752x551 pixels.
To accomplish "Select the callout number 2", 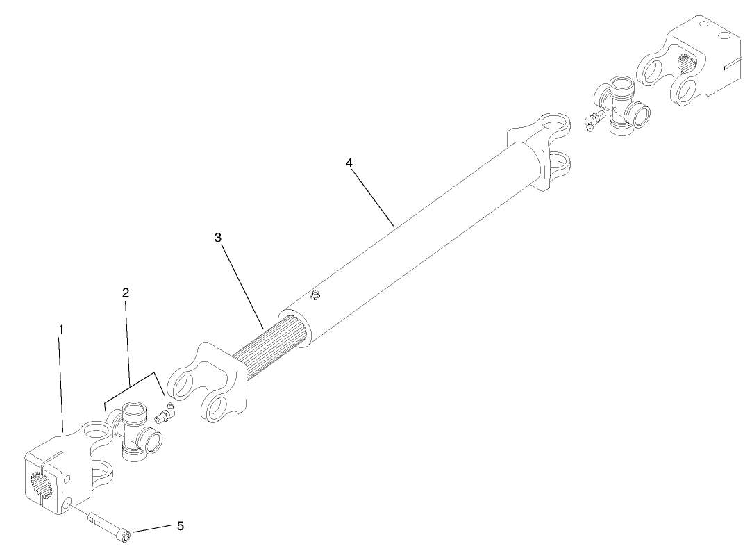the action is pyautogui.click(x=126, y=293).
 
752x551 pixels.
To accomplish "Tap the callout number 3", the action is pyautogui.click(x=218, y=238).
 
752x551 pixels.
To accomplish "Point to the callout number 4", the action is pyautogui.click(x=349, y=163).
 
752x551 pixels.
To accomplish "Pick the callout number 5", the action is pyautogui.click(x=180, y=526).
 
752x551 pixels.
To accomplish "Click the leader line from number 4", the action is pyautogui.click(x=372, y=195).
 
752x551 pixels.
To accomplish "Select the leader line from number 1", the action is pyautogui.click(x=62, y=382).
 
